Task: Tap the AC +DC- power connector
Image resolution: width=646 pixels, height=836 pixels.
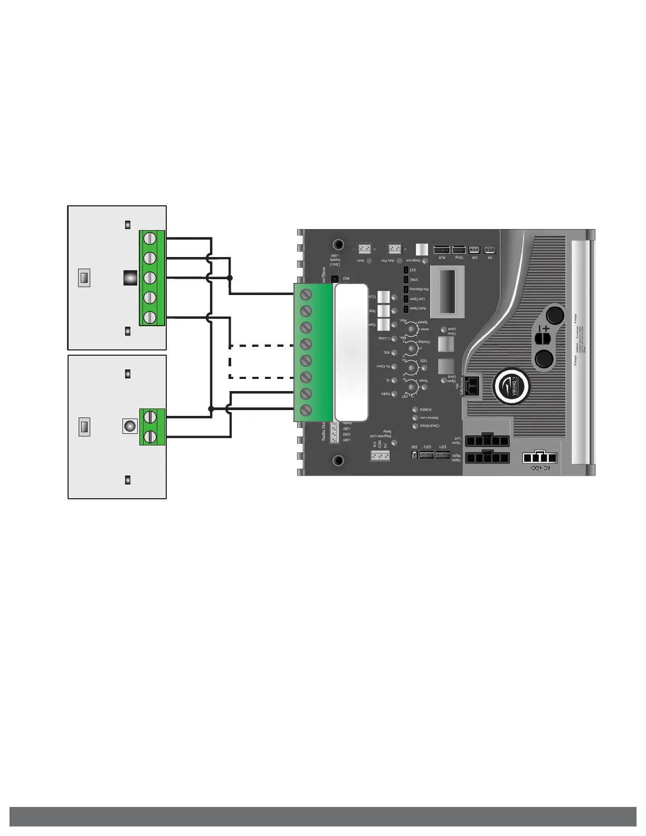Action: click(x=539, y=458)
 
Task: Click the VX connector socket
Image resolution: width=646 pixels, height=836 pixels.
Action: click(x=490, y=249)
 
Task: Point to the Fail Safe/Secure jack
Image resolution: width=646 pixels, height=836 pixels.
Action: click(x=473, y=384)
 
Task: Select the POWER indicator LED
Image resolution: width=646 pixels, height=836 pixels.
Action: click(x=415, y=410)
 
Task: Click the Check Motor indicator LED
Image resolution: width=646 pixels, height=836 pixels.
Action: click(x=415, y=426)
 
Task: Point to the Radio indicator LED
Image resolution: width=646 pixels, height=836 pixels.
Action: click(x=394, y=394)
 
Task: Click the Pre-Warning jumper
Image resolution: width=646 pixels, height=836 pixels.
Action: click(x=406, y=289)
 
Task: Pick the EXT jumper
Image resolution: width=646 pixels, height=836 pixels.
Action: click(x=406, y=270)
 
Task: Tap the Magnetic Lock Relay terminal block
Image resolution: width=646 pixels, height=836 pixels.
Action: click(x=380, y=455)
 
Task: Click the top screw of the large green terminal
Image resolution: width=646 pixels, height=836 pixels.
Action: click(x=306, y=294)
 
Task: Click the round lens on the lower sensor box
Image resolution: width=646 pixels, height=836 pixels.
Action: click(x=129, y=426)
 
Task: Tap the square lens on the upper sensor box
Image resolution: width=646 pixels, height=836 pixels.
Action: click(x=130, y=278)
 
